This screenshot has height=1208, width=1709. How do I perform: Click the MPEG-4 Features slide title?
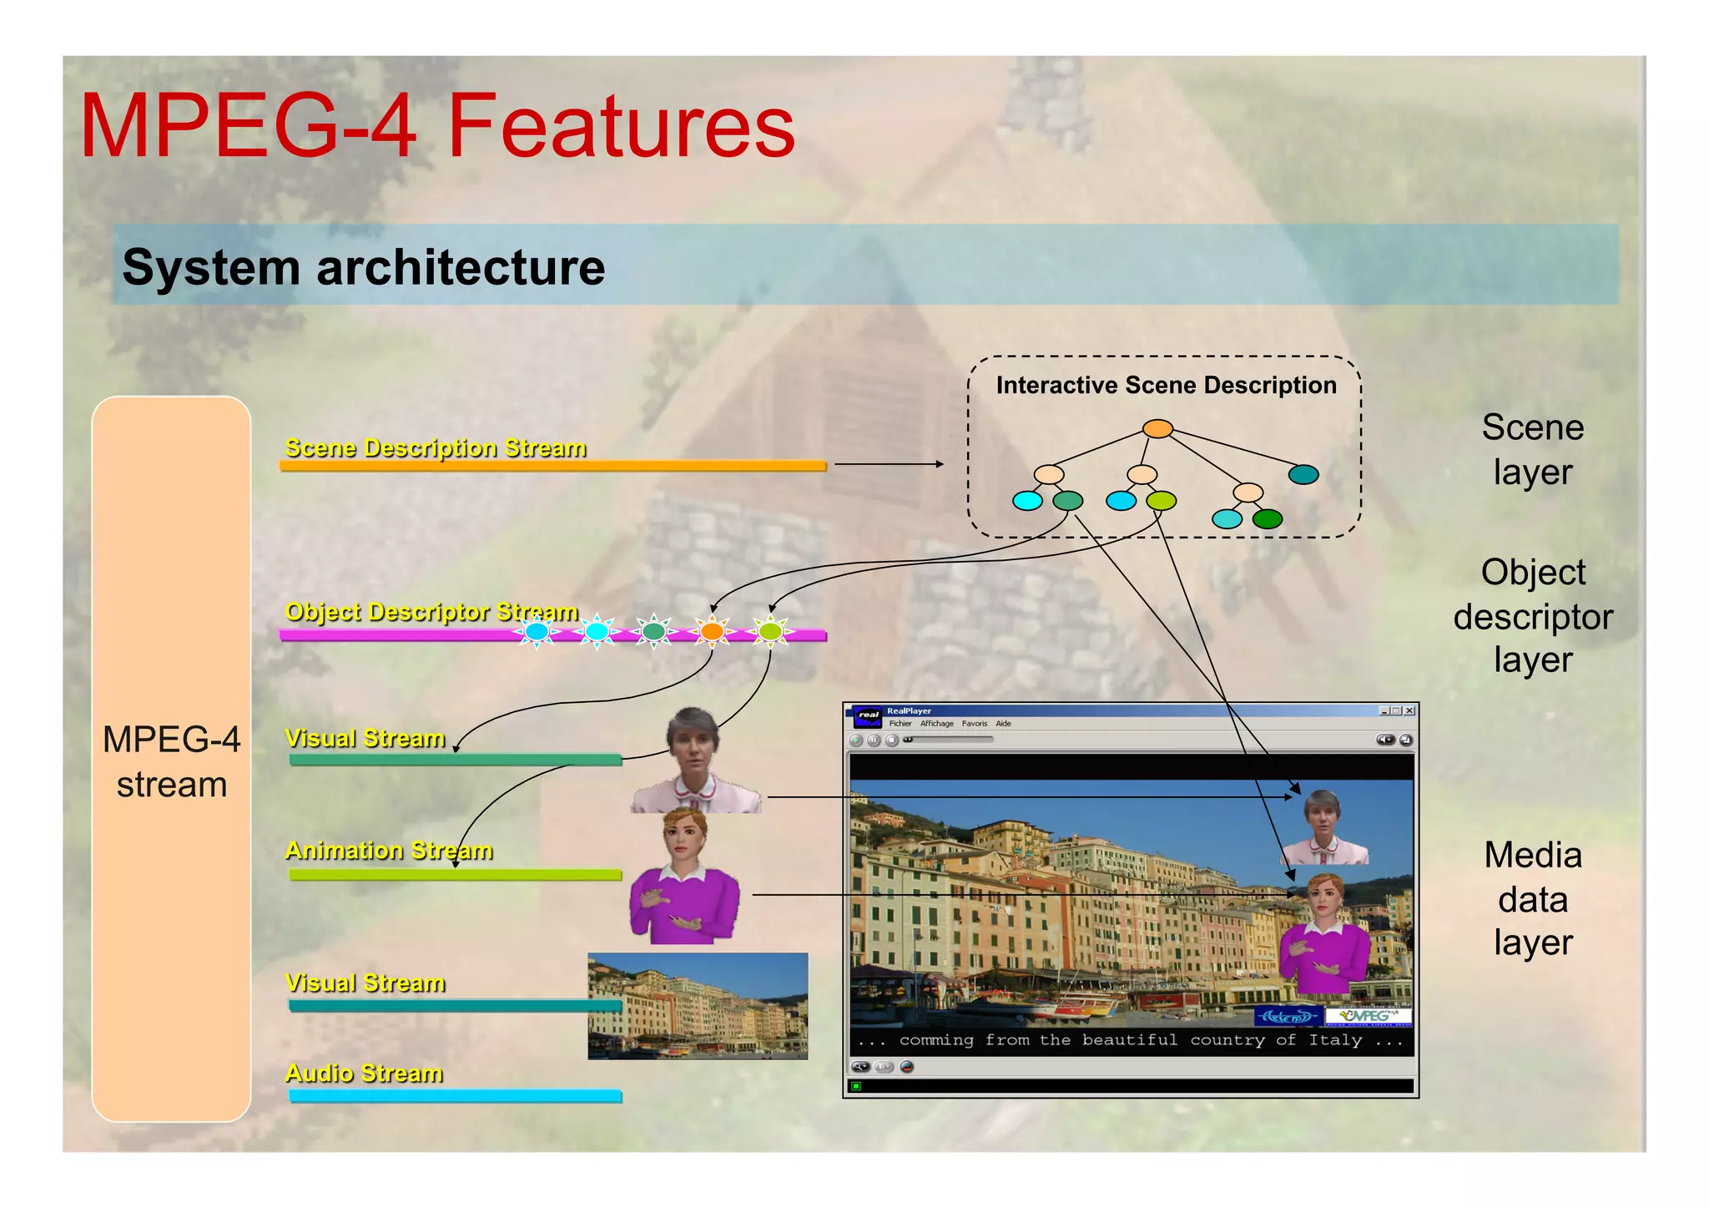(x=437, y=127)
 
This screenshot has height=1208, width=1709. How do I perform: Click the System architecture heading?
(x=364, y=267)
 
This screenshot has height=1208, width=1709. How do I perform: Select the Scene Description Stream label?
(x=436, y=447)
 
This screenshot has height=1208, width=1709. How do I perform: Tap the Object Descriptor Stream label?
(x=431, y=611)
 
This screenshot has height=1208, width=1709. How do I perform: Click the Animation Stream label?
(x=389, y=850)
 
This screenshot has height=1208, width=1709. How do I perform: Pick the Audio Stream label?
(x=364, y=1073)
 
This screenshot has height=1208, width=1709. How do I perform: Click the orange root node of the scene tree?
(x=1157, y=429)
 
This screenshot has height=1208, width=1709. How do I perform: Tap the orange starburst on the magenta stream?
(x=712, y=631)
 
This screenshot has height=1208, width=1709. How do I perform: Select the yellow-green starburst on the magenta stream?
(x=770, y=631)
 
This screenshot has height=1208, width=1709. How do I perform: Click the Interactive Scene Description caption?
(x=1166, y=385)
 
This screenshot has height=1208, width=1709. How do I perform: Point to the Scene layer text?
(x=1532, y=449)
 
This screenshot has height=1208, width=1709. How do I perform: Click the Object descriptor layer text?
(x=1532, y=616)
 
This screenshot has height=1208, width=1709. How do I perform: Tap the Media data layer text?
(x=1532, y=898)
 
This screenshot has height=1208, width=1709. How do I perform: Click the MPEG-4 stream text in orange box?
(x=171, y=761)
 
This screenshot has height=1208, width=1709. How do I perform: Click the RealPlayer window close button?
(x=1409, y=711)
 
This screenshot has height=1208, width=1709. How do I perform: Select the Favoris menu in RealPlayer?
(x=974, y=724)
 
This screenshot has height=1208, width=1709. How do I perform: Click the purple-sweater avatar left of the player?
(x=684, y=885)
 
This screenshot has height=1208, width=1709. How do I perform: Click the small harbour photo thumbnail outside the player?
(x=698, y=1006)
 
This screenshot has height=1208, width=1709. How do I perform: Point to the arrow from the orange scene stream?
(x=889, y=464)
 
